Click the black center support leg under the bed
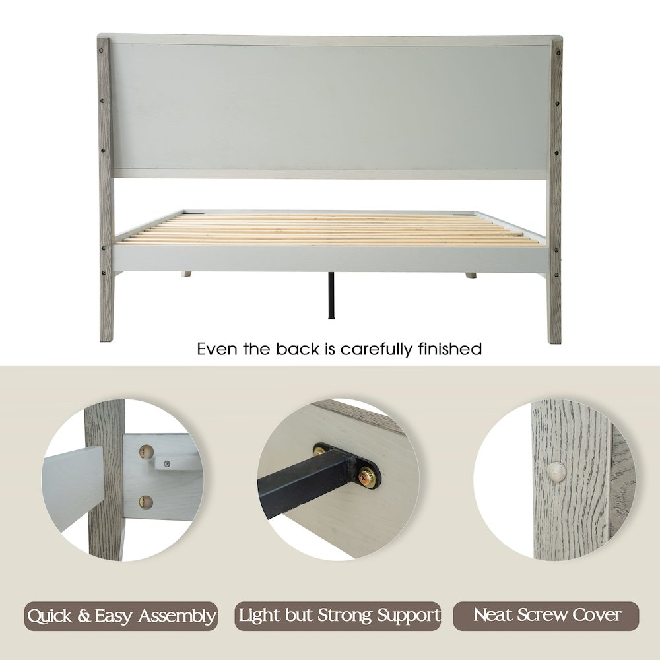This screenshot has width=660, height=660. (331, 295)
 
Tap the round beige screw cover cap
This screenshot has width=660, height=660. (556, 471)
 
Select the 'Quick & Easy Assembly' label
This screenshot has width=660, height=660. (121, 616)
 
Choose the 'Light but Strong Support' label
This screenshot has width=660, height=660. (338, 615)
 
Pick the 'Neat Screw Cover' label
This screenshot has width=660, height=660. (546, 615)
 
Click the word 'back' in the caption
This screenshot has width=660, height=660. (298, 349)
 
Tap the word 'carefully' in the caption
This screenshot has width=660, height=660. (376, 350)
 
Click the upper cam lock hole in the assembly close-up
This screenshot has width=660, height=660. (146, 451)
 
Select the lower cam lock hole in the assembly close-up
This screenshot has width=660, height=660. (146, 502)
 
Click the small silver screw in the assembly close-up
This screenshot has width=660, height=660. (167, 464)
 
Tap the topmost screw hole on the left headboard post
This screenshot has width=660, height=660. (102, 51)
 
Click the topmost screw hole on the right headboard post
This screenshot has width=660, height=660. (558, 53)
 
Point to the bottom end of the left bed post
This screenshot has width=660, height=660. (106, 340)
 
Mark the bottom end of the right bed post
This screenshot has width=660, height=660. (555, 342)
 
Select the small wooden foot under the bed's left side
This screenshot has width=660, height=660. (186, 274)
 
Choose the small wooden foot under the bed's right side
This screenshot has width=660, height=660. (471, 275)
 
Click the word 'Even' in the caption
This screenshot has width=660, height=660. (218, 349)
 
